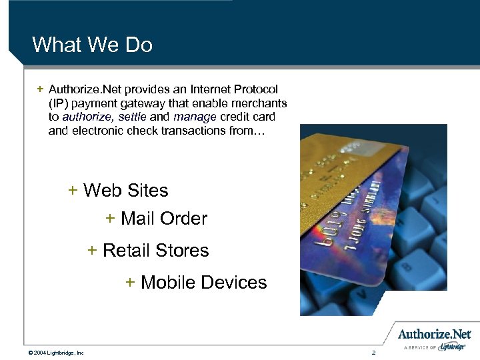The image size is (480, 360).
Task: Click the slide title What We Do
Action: coord(92,45)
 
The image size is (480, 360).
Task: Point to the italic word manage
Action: coord(195,117)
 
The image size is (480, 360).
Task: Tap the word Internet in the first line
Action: coord(195,89)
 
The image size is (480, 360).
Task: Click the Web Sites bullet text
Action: coord(125,191)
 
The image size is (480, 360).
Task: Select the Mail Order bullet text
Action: coord(164,219)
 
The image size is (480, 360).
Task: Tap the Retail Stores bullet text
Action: coord(155,251)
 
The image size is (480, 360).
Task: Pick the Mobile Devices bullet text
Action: coord(203,283)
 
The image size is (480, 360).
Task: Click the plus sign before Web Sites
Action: coord(73,190)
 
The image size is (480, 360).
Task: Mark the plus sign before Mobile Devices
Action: coord(131,282)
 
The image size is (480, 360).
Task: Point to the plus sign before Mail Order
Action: coord(111,218)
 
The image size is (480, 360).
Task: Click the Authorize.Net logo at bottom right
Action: coord(434,335)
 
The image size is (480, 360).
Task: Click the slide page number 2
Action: coord(374,352)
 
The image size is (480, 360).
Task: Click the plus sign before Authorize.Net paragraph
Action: coord(41,89)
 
